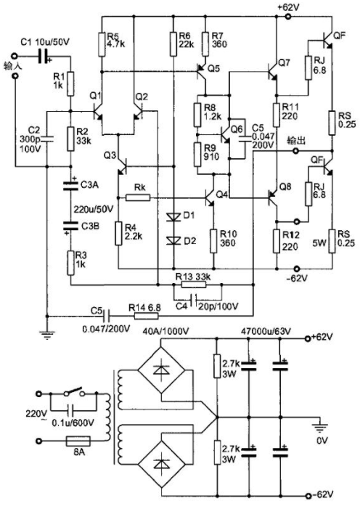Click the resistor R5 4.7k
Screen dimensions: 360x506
[102, 44]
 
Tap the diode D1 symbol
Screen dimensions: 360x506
[173, 217]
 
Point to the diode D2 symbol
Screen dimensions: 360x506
[173, 240]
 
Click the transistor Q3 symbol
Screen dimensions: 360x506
[122, 166]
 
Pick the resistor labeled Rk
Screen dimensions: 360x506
[138, 197]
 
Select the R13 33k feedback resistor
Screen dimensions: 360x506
[194, 285]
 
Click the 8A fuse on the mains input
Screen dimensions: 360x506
[78, 441]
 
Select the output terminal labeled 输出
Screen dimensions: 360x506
[295, 151]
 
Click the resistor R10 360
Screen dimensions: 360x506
[213, 241]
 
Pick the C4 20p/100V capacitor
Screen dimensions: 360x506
[195, 300]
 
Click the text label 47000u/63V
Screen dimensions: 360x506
[266, 331]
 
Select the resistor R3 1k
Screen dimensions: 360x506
[70, 264]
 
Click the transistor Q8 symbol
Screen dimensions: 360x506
[274, 195]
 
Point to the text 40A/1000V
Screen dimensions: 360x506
[165, 331]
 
